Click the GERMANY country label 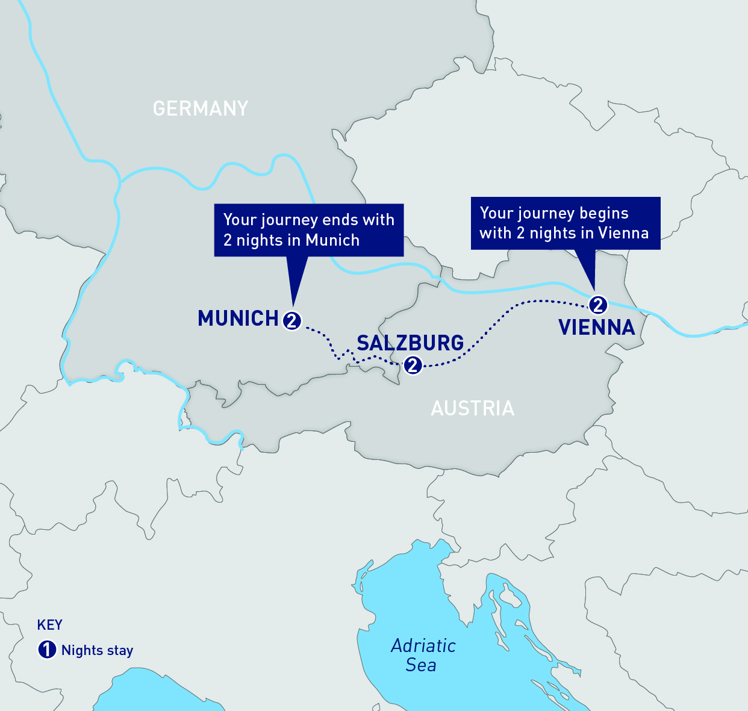click(x=201, y=108)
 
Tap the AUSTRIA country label click(x=473, y=409)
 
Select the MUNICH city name click(x=238, y=318)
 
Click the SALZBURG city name click(x=410, y=343)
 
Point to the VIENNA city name click(x=596, y=328)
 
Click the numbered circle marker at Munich click(x=292, y=321)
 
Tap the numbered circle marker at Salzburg click(x=413, y=365)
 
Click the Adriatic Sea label click(x=423, y=655)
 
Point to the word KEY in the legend click(x=49, y=625)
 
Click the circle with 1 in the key click(x=47, y=650)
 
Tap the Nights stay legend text click(x=97, y=651)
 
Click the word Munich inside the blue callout click(x=332, y=240)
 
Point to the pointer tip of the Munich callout click(x=293, y=304)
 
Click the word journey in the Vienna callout click(x=547, y=214)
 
